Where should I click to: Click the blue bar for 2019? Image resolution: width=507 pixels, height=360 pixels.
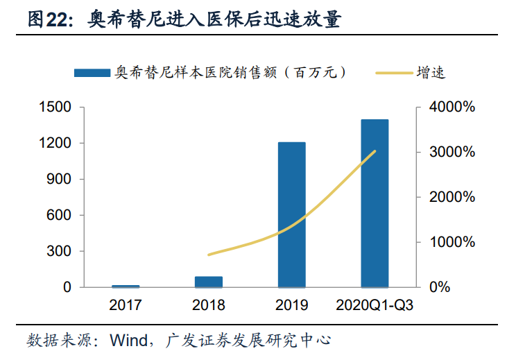[291, 214]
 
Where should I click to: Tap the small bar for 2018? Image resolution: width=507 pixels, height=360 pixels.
[208, 282]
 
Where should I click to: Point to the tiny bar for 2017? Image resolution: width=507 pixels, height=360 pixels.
[126, 286]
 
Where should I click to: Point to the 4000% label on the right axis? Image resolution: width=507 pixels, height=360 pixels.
[451, 108]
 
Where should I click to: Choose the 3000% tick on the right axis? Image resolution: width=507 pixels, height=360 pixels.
[451, 153]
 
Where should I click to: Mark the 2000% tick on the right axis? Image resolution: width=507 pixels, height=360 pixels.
[451, 198]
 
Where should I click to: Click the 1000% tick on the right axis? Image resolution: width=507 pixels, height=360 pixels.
[451, 242]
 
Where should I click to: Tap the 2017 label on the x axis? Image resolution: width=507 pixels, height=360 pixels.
[126, 305]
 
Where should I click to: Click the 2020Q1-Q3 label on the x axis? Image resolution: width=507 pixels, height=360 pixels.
[375, 305]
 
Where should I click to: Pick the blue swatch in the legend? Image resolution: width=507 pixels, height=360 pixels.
[92, 72]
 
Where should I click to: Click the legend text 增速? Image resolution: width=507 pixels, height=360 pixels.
[430, 72]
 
